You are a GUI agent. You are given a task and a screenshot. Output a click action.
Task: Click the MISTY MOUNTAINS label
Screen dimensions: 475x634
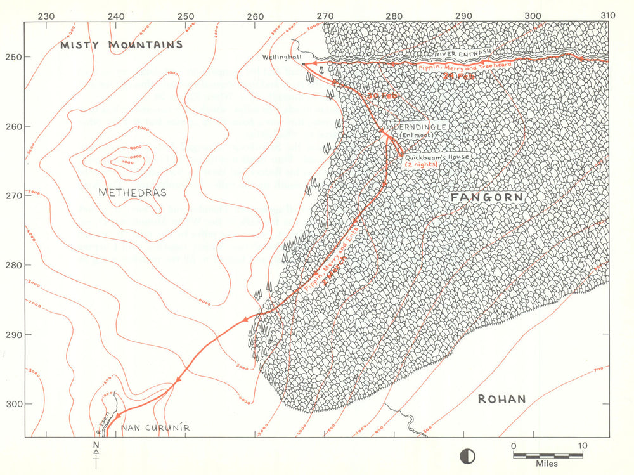point(121,45)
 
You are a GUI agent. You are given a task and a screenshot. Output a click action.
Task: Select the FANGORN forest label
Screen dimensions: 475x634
point(487,198)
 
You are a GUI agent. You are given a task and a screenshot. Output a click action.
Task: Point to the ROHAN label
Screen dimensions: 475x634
point(501,399)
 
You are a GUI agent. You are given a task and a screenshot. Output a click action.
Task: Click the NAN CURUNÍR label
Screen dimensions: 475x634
point(155,428)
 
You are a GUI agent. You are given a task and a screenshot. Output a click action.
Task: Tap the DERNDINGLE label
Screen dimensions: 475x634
point(422,127)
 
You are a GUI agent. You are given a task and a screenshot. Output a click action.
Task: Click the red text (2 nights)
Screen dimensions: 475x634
point(423,164)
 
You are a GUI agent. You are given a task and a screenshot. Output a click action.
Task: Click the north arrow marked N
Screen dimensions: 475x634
point(96,450)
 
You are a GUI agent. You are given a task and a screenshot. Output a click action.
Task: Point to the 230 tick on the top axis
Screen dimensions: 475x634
point(46,16)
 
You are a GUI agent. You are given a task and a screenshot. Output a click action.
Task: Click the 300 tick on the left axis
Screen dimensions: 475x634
point(13,404)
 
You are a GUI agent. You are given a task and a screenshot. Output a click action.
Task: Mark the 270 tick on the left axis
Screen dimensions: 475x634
point(13,195)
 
